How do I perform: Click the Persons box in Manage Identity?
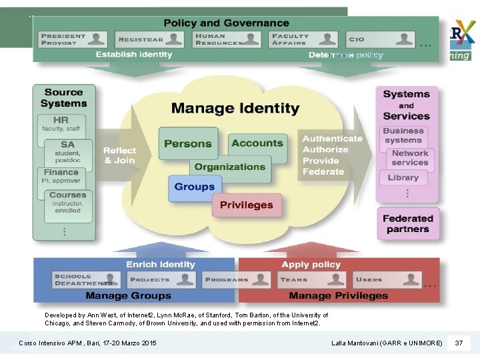click(188, 143)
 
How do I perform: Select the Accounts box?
click(257, 143)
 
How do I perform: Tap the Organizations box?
click(230, 167)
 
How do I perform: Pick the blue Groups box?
click(195, 187)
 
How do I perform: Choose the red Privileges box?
click(247, 205)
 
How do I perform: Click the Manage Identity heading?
click(235, 108)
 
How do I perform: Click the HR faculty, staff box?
click(61, 125)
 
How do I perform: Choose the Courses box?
click(67, 202)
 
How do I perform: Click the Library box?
click(403, 177)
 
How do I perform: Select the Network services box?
click(409, 158)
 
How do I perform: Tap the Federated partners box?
click(407, 223)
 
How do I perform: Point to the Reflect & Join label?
click(119, 155)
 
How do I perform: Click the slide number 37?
click(459, 343)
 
